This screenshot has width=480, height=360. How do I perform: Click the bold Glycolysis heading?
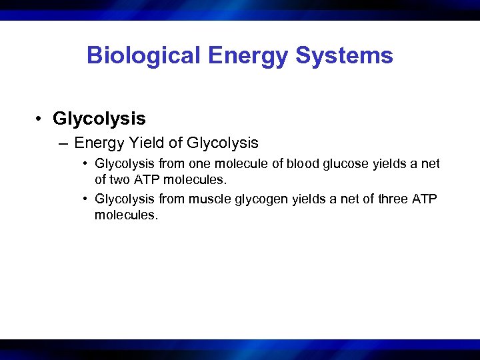click(99, 119)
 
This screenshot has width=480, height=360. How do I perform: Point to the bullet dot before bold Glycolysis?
click(41, 119)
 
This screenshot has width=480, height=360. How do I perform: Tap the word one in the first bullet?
click(199, 163)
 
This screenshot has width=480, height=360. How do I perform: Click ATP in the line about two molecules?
click(145, 179)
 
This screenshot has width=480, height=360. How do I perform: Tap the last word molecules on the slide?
click(127, 215)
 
